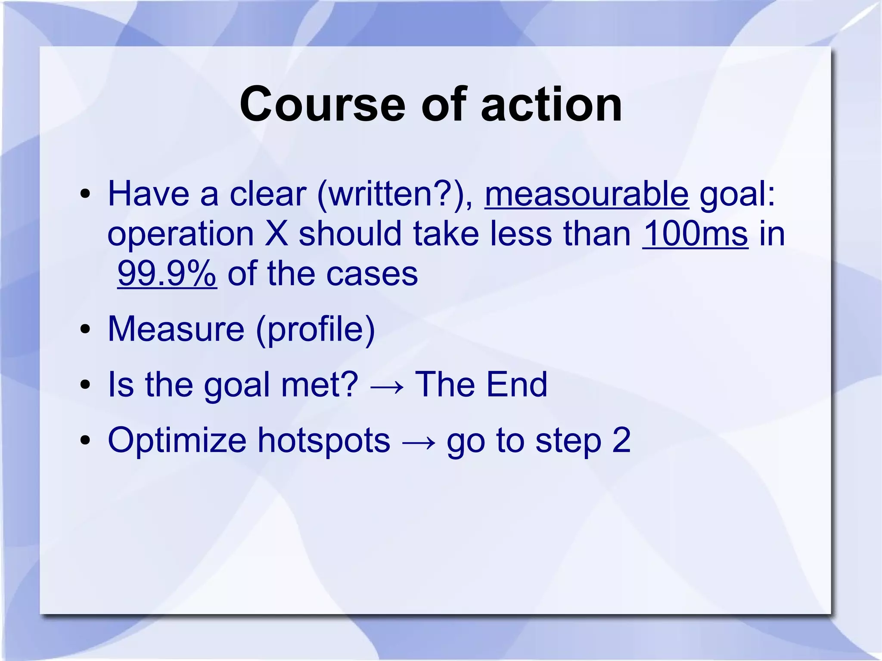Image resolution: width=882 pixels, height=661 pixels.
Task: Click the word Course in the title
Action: click(x=322, y=105)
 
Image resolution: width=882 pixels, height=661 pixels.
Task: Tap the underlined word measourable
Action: click(x=587, y=194)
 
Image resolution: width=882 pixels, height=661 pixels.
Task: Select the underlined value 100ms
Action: click(x=695, y=234)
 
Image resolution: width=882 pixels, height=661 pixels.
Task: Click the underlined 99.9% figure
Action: click(x=167, y=273)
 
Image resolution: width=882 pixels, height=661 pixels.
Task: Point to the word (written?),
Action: click(x=395, y=194)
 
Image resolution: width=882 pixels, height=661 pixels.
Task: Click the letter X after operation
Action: click(x=276, y=234)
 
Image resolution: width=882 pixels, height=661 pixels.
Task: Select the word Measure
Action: click(x=176, y=329)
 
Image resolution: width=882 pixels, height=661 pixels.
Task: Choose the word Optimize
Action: click(x=177, y=441)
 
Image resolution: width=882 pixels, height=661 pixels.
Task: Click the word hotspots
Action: click(x=323, y=441)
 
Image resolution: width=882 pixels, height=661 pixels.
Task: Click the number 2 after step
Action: click(x=621, y=440)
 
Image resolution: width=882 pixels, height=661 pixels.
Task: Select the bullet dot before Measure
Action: click(x=85, y=329)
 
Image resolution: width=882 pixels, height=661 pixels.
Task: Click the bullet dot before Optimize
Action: click(x=85, y=441)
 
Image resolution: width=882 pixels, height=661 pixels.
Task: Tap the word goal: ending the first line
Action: click(x=737, y=195)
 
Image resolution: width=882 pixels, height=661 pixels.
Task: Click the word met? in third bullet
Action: click(x=319, y=385)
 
